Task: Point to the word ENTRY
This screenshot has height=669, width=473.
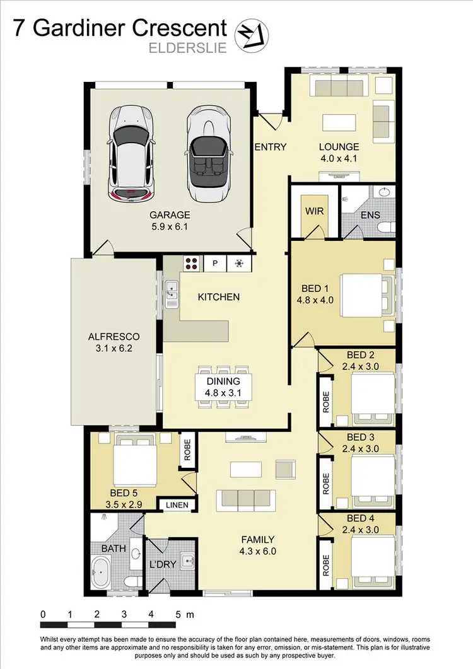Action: (270, 147)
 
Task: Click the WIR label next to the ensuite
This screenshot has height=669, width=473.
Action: (313, 211)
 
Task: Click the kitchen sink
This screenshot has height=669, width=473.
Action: (171, 294)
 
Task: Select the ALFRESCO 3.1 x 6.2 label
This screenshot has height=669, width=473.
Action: (114, 342)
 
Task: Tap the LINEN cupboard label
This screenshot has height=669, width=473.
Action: (177, 505)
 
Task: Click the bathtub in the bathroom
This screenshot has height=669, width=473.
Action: (103, 574)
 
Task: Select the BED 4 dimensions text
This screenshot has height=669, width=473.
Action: (360, 530)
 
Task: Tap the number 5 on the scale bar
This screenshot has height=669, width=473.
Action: (178, 614)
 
